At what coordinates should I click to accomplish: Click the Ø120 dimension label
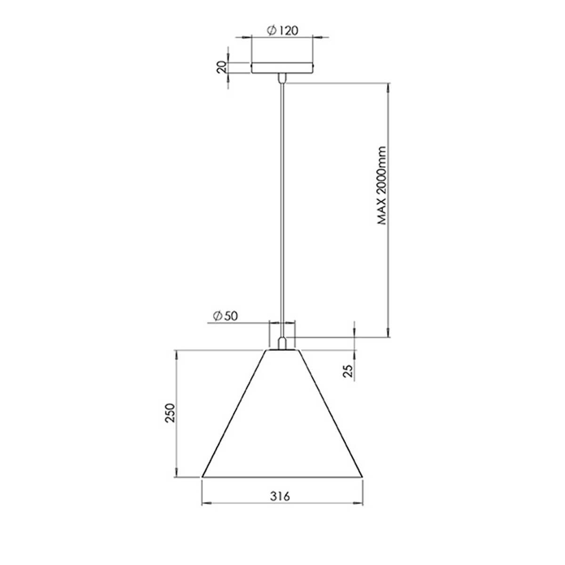(282, 31)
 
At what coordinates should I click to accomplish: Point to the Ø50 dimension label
(225, 316)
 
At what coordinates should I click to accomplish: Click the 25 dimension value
(348, 371)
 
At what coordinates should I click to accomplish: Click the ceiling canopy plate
(282, 68)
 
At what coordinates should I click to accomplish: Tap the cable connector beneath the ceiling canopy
(282, 78)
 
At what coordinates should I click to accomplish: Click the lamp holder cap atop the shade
(282, 343)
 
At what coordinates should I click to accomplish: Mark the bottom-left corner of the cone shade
(202, 476)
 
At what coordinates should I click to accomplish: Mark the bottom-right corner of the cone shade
(362, 476)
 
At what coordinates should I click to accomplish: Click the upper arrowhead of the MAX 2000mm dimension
(388, 88)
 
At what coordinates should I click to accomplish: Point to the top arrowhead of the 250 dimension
(177, 354)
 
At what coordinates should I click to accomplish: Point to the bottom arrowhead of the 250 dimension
(177, 475)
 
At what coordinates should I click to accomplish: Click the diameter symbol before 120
(271, 31)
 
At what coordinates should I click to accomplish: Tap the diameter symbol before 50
(217, 316)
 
